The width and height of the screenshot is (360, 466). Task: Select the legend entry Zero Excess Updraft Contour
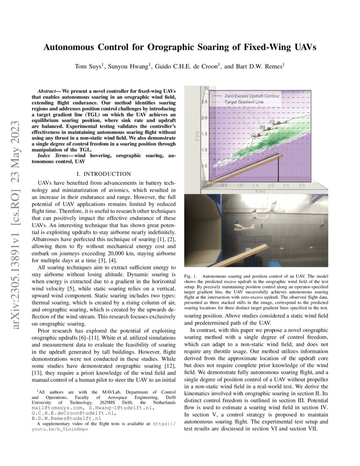(x=252, y=96)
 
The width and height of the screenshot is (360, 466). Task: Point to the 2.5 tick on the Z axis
(x=204, y=102)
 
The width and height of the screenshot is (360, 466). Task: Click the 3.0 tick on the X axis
(x=302, y=186)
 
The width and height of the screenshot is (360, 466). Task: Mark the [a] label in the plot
(x=253, y=135)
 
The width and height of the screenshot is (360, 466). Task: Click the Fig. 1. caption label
(x=191, y=276)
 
